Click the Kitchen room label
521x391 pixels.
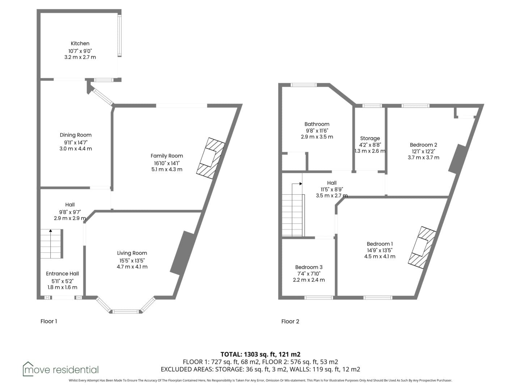80,43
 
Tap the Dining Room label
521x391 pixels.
76,135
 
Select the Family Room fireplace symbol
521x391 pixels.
211,158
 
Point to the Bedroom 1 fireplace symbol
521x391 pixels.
422,248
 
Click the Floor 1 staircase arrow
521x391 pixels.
51,244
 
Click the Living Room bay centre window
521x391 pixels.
125,311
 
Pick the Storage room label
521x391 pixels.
370,138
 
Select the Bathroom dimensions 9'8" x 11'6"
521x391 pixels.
317,130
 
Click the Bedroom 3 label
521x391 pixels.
309,267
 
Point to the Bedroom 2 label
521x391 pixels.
423,145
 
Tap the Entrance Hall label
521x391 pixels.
63,274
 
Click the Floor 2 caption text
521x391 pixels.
290,321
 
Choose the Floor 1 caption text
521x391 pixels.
48,321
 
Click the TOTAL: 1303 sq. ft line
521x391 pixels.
260,354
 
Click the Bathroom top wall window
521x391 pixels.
304,85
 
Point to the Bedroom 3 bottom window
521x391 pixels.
319,298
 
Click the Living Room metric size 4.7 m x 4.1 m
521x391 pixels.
132,266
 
